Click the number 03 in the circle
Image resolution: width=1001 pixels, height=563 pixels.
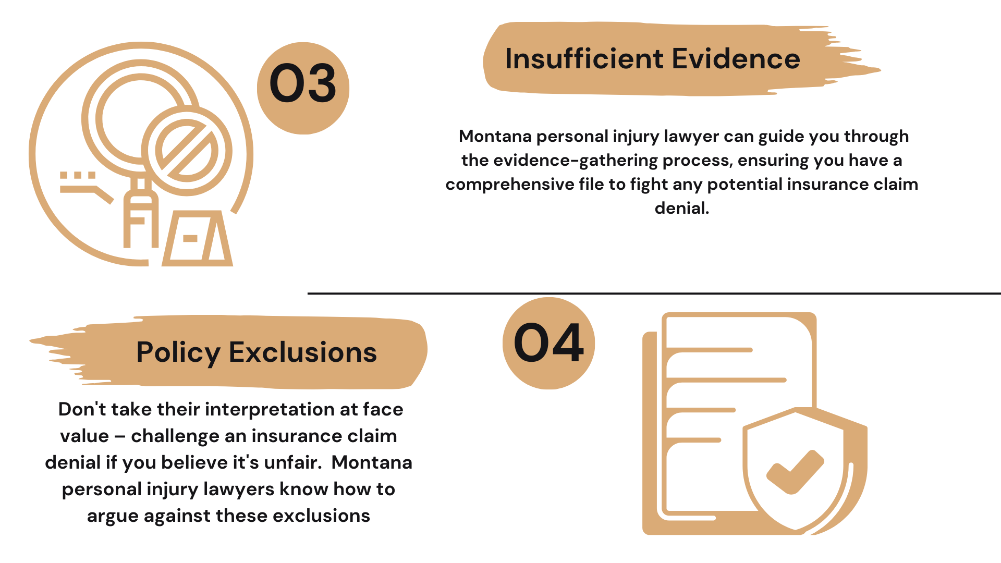(303, 83)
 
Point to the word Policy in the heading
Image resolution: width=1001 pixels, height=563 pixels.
(178, 353)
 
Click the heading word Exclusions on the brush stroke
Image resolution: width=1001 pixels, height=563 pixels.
(303, 352)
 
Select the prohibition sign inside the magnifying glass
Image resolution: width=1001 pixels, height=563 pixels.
(187, 151)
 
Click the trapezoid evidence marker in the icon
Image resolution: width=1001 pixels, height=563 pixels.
(197, 238)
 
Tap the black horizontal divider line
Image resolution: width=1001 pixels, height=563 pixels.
(654, 293)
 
